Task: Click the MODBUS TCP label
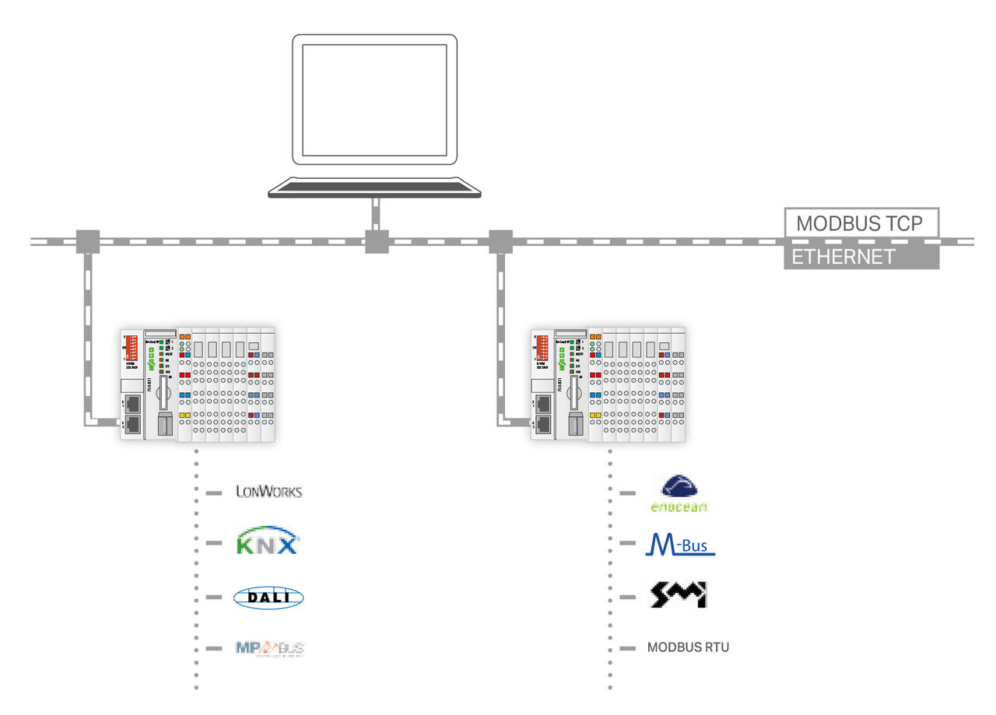(x=860, y=223)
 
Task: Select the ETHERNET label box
(x=860, y=257)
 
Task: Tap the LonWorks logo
(x=269, y=492)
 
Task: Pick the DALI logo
(x=268, y=597)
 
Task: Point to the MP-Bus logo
(x=268, y=647)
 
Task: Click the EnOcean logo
(x=679, y=495)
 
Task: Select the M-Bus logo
(x=679, y=545)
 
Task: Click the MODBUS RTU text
(x=689, y=647)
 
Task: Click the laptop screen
(x=374, y=100)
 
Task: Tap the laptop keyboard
(x=374, y=187)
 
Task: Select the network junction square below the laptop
(x=377, y=241)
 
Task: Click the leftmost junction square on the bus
(x=87, y=241)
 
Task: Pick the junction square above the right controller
(x=500, y=241)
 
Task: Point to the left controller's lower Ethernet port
(x=132, y=424)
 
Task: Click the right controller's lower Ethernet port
(x=542, y=424)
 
